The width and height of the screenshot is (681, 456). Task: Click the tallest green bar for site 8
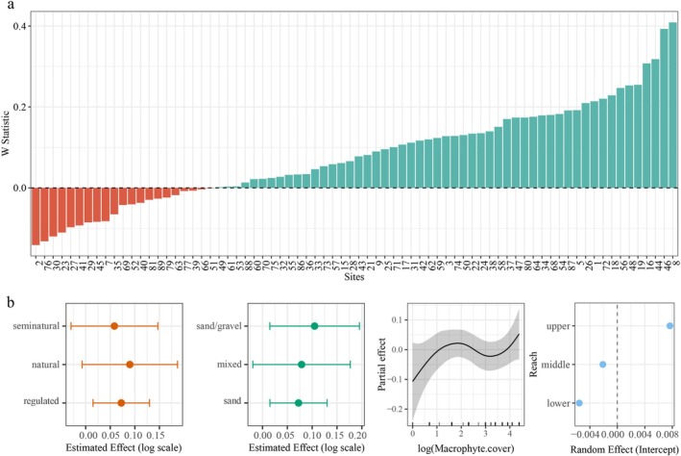pos(672,105)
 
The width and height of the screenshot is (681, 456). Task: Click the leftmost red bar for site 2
pos(36,215)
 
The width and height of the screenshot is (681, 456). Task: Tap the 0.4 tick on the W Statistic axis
pos(19,25)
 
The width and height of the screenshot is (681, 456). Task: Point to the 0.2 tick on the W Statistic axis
pos(19,107)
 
